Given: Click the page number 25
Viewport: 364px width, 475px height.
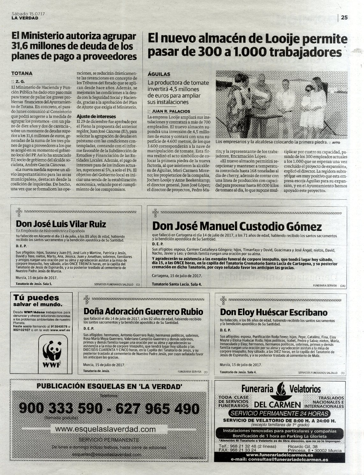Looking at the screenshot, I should pos(344,18).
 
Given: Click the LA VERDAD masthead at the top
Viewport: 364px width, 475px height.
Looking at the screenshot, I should pos(25,18).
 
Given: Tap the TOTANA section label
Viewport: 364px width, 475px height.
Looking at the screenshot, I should pos(22,73).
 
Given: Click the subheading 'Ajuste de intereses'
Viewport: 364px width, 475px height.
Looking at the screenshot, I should pos(96,116).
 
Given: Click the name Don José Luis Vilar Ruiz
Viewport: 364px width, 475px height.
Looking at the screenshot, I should pos(61,224).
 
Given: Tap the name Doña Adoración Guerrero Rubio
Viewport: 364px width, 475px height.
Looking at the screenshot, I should pos(143,311).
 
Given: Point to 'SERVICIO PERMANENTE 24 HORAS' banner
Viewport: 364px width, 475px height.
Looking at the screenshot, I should pos(280,414).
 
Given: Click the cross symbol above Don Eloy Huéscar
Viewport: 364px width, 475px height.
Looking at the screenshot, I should pos(223,300).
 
